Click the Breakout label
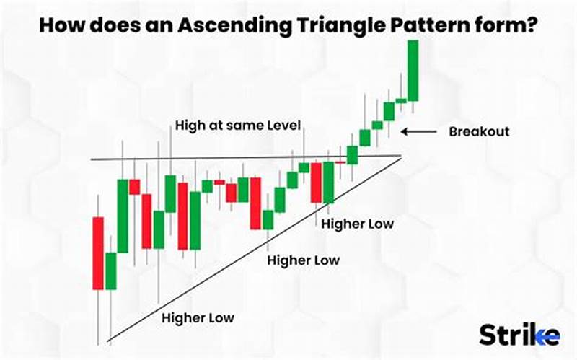pos(479,132)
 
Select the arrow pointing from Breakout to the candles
pos(418,132)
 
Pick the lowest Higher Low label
pos(198,317)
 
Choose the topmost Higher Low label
pos(358,224)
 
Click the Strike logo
pos(519,335)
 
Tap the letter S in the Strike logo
pos(487,335)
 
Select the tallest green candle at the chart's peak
pos(413,70)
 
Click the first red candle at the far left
pos(99,253)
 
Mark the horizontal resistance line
pos(216,158)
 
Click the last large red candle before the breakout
pos(316,183)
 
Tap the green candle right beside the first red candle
pos(110,271)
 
